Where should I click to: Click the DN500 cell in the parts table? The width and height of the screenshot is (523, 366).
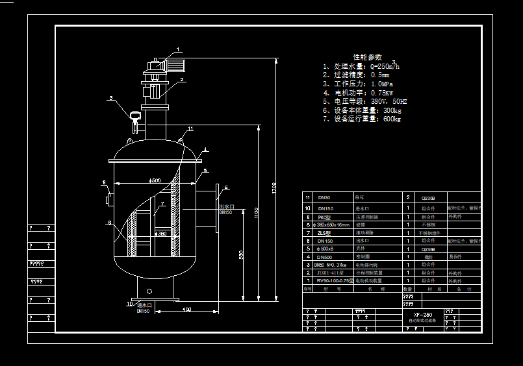click(324, 256)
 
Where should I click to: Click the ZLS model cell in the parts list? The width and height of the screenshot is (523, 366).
click(324, 232)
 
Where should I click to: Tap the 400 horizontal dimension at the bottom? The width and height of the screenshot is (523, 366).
click(186, 310)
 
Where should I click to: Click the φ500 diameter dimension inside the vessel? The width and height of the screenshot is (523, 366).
click(155, 180)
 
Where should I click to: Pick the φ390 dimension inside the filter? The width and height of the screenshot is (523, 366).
click(160, 233)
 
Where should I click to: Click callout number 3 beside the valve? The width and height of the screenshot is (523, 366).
click(111, 99)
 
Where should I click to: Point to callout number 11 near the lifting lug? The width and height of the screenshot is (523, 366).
click(190, 129)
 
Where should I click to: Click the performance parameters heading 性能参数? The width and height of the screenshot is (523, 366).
click(368, 57)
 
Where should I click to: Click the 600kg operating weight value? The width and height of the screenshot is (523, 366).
click(392, 119)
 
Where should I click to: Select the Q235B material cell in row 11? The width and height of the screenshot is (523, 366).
click(429, 197)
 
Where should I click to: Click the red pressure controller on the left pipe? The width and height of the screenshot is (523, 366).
click(135, 116)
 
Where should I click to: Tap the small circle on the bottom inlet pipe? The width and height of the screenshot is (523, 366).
click(149, 291)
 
